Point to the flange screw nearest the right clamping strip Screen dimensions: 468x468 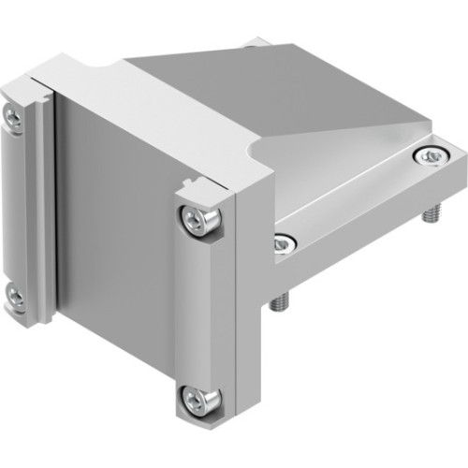(x=282, y=245)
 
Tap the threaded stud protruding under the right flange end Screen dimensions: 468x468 (x=431, y=214)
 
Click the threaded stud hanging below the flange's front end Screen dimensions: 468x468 (x=278, y=302)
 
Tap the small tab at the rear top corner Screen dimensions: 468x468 (x=255, y=42)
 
